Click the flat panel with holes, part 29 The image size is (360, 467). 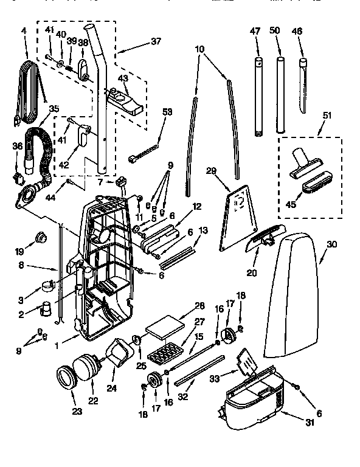tap(239, 216)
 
